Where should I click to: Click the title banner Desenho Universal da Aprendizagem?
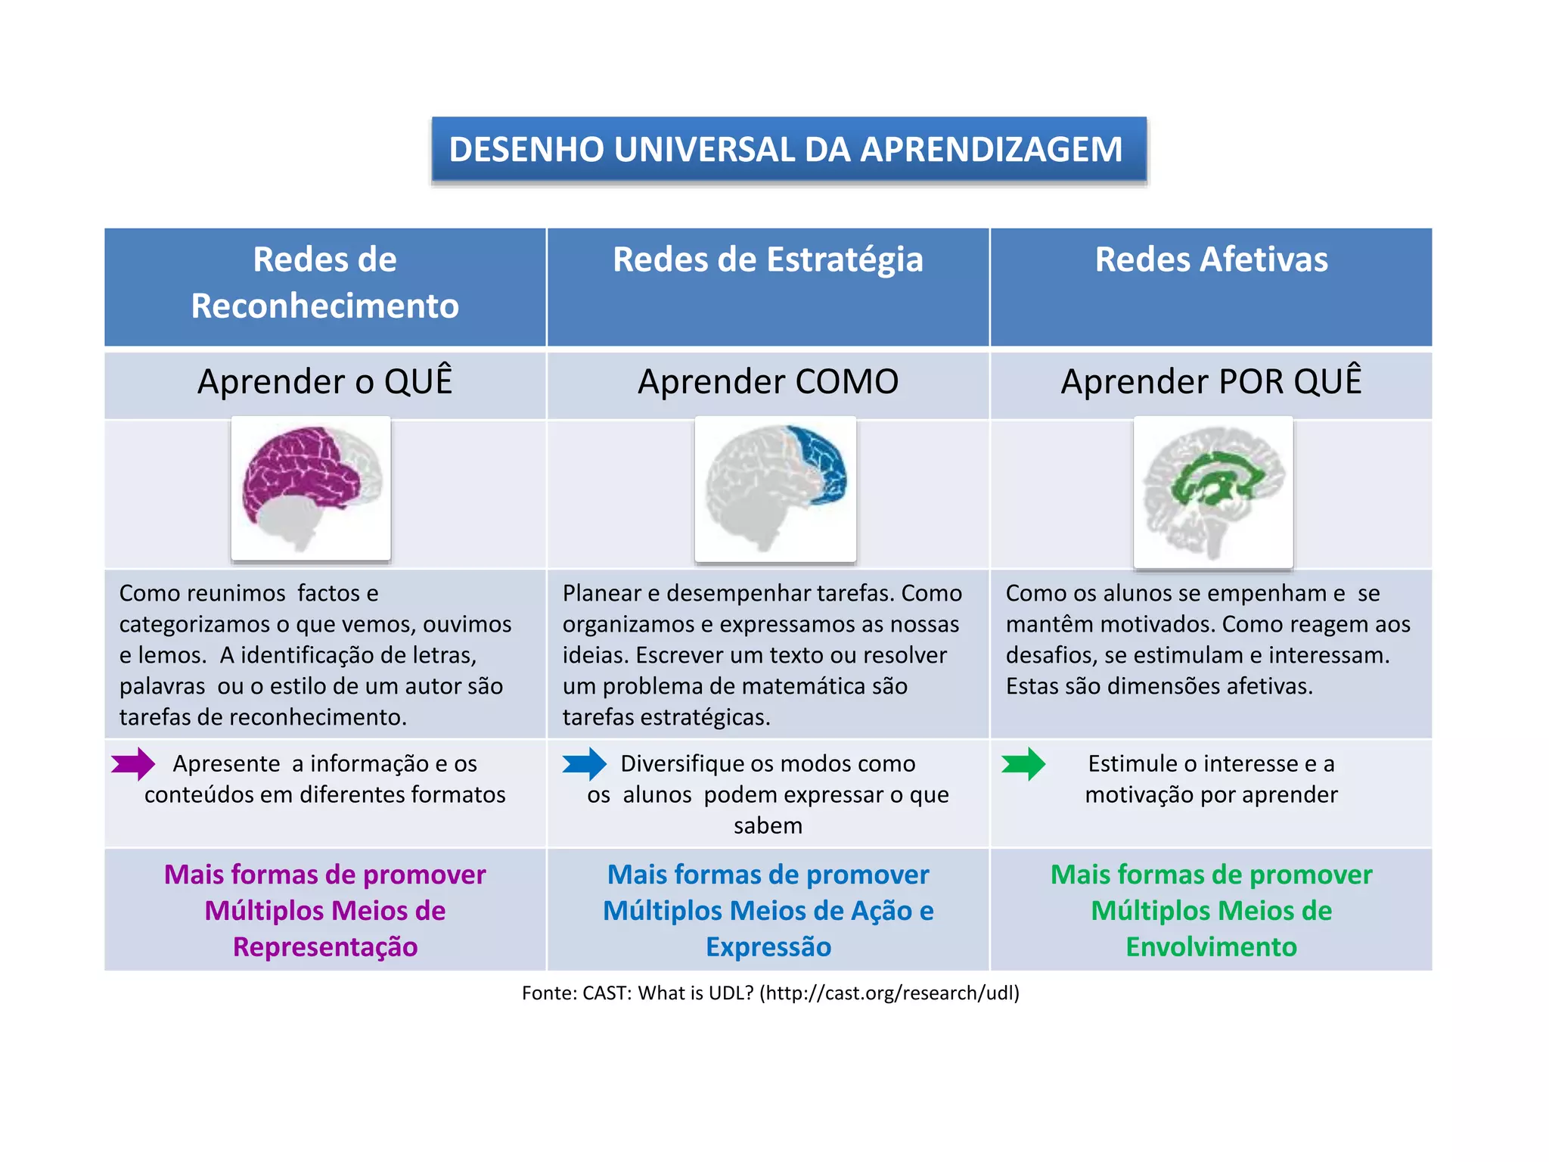tap(788, 149)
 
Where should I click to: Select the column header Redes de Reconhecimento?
tap(324, 283)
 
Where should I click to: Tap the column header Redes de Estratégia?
tap(768, 260)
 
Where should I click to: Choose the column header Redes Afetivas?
tap(1211, 260)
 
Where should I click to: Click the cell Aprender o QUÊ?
tap(324, 382)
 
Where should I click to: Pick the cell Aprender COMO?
tap(768, 382)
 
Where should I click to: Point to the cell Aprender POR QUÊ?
tap(1211, 382)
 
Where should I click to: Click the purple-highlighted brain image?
tap(311, 489)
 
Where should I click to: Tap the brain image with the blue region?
tap(775, 489)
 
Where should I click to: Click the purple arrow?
tap(134, 764)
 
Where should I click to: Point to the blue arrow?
tap(585, 764)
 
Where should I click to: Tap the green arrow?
tap(1023, 764)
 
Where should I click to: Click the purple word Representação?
tap(325, 947)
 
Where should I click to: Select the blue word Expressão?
tap(768, 947)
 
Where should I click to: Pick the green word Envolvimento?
tap(1211, 947)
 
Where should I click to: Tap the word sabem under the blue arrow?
tap(768, 825)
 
